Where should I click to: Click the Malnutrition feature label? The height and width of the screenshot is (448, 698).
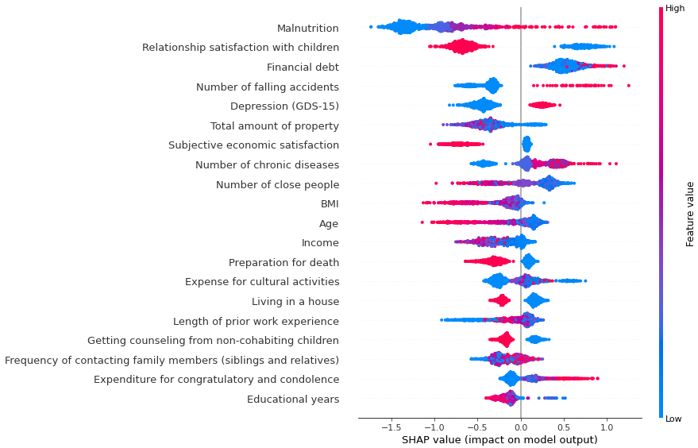point(307,29)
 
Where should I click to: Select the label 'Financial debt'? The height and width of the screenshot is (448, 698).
point(303,68)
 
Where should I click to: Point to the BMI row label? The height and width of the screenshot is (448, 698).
point(329,204)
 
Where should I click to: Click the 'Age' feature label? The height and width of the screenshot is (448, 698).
point(328,223)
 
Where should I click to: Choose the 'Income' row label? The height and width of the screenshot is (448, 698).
point(320,243)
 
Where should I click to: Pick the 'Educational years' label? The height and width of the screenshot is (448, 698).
point(292,399)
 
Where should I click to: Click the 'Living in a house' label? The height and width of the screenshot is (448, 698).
point(295,302)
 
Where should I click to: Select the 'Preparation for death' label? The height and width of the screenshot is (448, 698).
point(283,263)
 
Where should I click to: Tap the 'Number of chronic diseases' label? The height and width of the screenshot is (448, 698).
point(267,165)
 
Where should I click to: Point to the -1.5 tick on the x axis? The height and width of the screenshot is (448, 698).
point(390,427)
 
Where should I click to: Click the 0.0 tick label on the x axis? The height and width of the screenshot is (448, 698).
point(520,427)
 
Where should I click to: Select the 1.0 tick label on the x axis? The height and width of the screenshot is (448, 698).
point(607,427)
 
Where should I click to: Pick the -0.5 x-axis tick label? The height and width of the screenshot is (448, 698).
point(476,427)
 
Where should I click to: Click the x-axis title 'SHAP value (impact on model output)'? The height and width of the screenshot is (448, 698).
point(499,440)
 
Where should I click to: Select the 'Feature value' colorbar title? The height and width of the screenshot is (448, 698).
point(691,214)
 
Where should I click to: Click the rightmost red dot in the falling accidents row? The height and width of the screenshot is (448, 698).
point(628,86)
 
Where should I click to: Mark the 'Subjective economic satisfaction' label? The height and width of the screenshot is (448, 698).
point(253,145)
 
